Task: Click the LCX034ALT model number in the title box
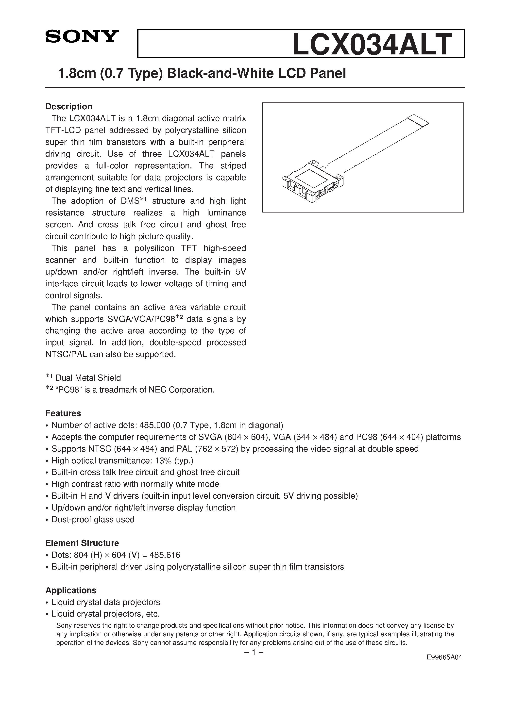[373, 45]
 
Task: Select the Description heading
[69, 107]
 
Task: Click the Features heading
[63, 413]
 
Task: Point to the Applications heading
[71, 590]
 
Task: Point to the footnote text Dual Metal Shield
[88, 378]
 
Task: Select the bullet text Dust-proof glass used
[93, 520]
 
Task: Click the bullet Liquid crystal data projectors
[106, 602]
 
